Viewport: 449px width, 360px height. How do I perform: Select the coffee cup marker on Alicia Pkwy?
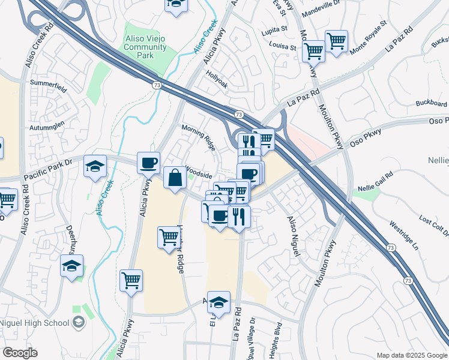(x=148, y=163)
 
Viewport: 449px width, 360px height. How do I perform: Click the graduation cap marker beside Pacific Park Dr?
(x=95, y=166)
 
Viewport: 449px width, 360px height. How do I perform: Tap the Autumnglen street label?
(x=46, y=128)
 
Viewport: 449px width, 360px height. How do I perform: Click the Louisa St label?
(x=283, y=46)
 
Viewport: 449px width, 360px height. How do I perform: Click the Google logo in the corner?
(x=20, y=353)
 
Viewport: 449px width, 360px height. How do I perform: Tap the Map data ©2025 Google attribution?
(x=411, y=355)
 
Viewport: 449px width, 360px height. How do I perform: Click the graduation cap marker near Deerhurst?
(x=71, y=266)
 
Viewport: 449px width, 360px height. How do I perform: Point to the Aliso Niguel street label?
(x=294, y=237)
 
